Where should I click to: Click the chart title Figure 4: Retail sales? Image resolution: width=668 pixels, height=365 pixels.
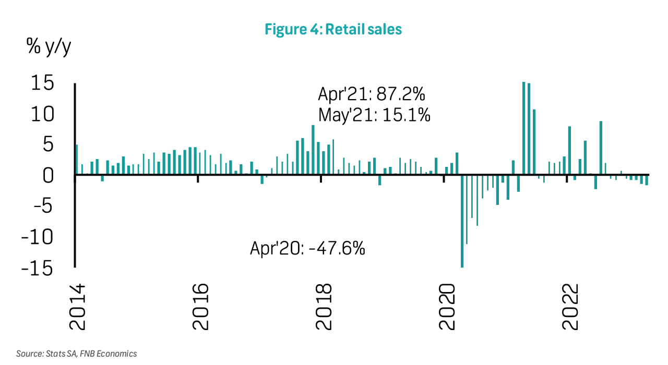point(333,29)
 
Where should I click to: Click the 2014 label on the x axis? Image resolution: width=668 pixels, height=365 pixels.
point(77,307)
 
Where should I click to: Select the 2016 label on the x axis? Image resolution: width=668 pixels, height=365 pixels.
point(200,307)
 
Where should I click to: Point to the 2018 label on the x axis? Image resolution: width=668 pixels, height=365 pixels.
point(323,307)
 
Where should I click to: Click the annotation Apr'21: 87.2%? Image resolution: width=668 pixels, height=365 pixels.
point(372,95)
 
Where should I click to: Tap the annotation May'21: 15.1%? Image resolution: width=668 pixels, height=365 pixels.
point(374,115)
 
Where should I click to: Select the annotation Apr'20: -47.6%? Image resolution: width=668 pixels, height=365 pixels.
point(307,248)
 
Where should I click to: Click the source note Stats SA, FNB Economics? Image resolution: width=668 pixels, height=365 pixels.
point(76,354)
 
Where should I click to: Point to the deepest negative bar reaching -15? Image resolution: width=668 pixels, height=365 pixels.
point(462,221)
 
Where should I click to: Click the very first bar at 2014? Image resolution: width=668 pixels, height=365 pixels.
point(77,160)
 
